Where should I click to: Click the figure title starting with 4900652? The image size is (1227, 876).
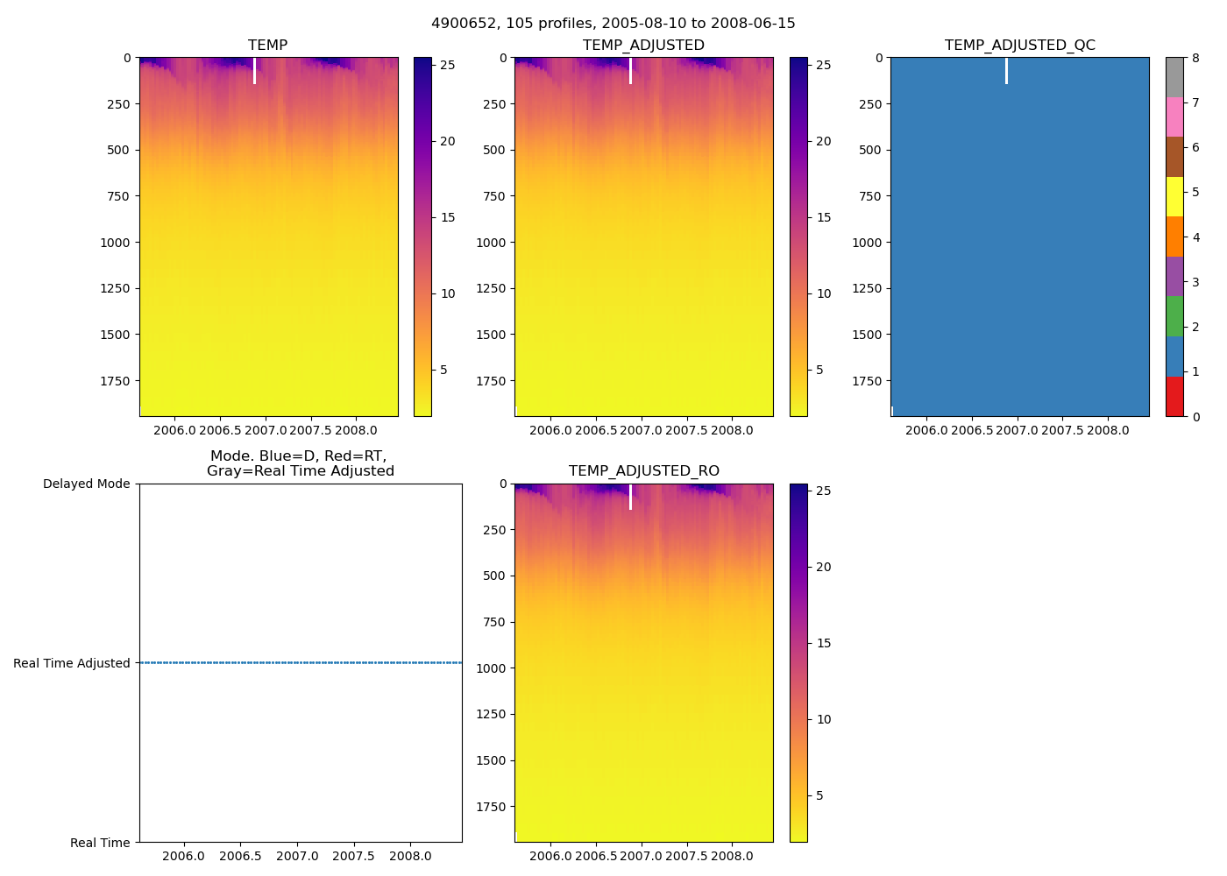[613, 24]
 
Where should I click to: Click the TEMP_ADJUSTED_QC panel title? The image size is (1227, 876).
[1019, 46]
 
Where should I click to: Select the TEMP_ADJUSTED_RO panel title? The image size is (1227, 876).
[643, 471]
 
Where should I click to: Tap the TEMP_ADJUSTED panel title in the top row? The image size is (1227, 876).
[643, 46]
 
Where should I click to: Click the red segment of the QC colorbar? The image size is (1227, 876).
[1174, 397]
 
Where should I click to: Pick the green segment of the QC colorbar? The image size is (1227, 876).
[1174, 316]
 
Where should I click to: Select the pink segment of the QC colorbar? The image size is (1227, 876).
[1174, 117]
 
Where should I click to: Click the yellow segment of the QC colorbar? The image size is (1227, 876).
[1174, 196]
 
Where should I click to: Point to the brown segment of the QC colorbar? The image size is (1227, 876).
[1174, 157]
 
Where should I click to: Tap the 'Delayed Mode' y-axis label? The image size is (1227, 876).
[86, 484]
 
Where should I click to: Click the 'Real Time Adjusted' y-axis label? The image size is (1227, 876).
[72, 664]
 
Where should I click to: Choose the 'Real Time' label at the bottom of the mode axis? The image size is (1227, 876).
[100, 843]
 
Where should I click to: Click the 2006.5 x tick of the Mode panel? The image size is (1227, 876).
[240, 856]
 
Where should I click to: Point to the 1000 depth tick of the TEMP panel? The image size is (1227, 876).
[115, 243]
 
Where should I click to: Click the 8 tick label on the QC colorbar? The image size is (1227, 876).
[1195, 59]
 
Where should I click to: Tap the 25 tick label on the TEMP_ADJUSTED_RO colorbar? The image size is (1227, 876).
[823, 491]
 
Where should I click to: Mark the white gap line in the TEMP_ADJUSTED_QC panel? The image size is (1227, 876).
[1006, 71]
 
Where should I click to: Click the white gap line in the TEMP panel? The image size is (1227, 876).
[254, 71]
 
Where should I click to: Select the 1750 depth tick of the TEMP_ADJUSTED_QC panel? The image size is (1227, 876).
[867, 381]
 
